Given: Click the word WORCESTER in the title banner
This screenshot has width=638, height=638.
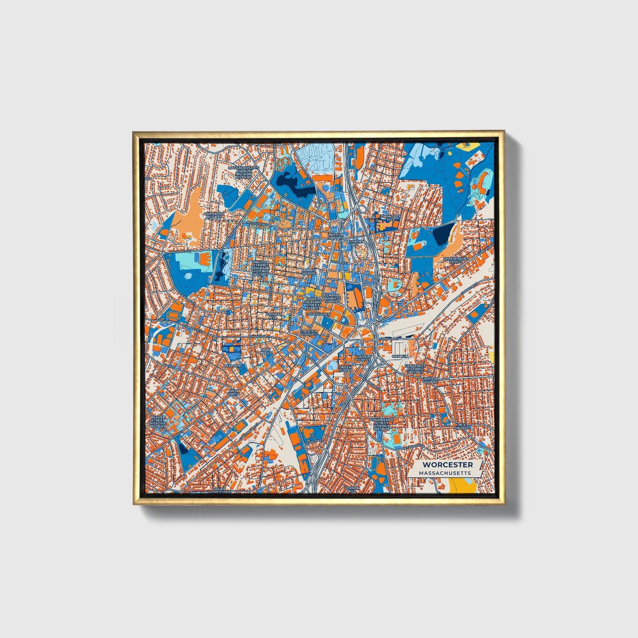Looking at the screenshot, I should coord(447,464).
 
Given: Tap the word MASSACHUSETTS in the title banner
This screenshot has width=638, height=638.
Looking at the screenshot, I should coord(445,473).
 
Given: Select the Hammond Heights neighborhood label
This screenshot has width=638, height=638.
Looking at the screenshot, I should coord(214,215).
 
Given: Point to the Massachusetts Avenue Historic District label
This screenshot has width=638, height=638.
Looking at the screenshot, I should coord(240,173).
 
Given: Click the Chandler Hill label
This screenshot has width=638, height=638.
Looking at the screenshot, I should coord(391,218).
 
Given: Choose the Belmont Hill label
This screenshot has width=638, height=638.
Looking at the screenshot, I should coord(354,243).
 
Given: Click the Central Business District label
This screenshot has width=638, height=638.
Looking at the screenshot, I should coord(332,298).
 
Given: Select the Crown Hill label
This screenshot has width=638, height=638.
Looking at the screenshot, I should coord(273,316).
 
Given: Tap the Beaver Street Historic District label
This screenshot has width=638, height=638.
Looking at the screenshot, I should coord(158,422).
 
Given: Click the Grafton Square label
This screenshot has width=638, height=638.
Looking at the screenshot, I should coord(430,380).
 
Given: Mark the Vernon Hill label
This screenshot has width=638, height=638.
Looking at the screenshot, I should coord(353,489).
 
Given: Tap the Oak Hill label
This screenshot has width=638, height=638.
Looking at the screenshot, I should coord(400,356).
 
